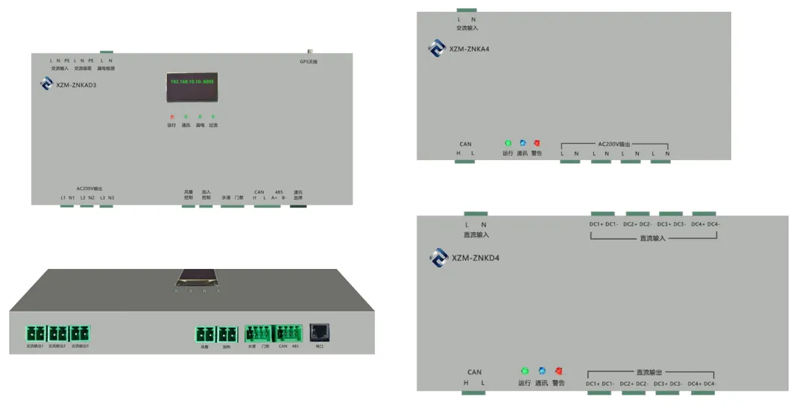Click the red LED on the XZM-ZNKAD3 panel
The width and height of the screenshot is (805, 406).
(172, 117)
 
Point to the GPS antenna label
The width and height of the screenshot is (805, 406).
(309, 61)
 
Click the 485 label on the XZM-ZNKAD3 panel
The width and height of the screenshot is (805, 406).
(279, 192)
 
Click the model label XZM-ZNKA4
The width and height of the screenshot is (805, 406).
(470, 49)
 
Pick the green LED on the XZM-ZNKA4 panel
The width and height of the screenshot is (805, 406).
(508, 143)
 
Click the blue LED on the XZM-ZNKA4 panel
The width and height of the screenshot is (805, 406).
(523, 143)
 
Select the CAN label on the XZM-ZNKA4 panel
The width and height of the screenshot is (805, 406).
(465, 145)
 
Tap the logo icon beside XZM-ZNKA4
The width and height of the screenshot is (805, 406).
(437, 48)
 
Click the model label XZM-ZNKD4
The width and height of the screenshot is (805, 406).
(475, 258)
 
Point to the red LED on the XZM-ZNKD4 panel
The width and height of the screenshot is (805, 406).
(558, 371)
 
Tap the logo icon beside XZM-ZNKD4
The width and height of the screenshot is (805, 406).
(438, 258)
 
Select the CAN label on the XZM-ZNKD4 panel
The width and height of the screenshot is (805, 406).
(474, 372)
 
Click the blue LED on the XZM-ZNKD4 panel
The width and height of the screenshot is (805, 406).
(542, 371)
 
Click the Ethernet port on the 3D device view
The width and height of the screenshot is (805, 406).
(320, 333)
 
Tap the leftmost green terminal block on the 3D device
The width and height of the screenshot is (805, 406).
(36, 334)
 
